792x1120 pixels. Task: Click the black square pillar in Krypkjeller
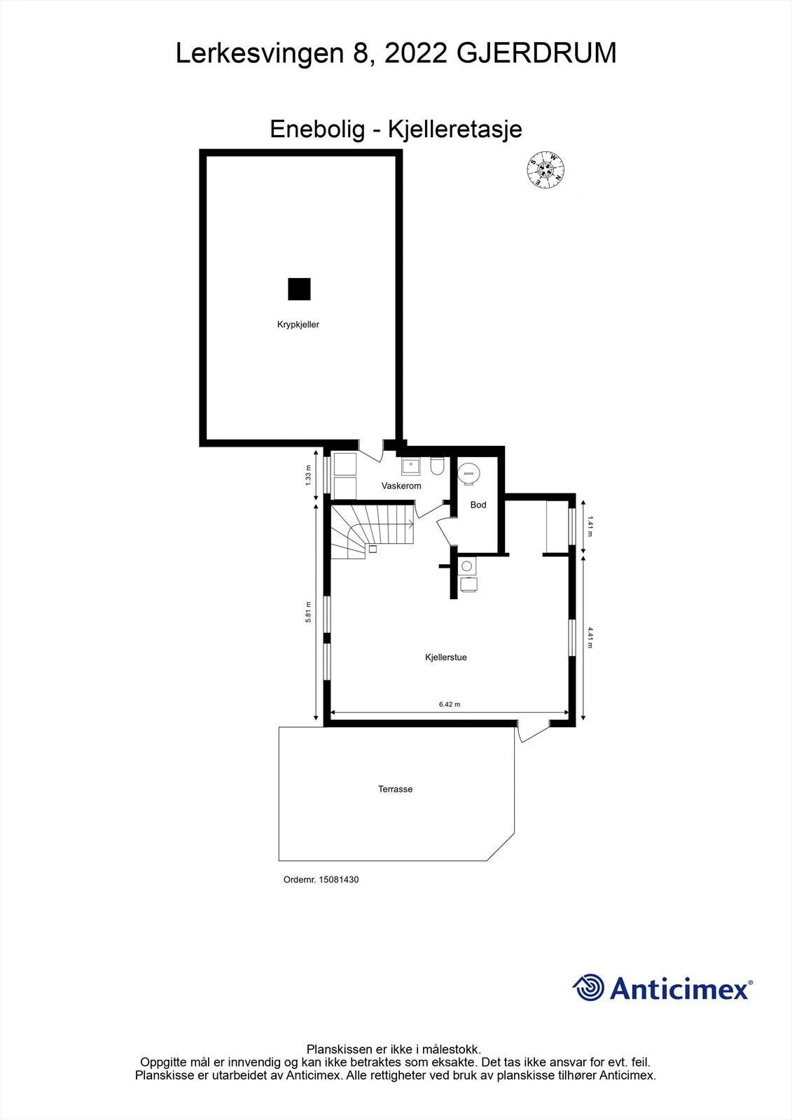click(299, 289)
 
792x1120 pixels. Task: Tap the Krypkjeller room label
click(298, 325)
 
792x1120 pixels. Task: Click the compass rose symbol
click(546, 170)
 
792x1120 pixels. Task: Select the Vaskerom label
click(401, 486)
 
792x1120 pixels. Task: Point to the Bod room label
click(478, 505)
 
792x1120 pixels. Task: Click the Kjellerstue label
click(446, 657)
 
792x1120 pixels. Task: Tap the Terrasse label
click(395, 789)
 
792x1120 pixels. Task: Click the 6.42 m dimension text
click(450, 704)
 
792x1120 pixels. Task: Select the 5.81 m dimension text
click(308, 612)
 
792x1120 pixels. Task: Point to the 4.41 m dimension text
click(590, 638)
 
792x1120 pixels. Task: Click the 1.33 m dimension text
click(308, 475)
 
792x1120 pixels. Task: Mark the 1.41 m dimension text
click(590, 526)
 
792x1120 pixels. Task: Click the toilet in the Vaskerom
click(437, 465)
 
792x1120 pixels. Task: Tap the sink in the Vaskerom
click(411, 466)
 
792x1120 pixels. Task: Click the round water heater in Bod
click(468, 473)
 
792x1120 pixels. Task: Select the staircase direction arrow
click(395, 524)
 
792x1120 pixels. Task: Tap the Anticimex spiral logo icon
click(588, 988)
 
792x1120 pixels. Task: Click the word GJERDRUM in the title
click(536, 53)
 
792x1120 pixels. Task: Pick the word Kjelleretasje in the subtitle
click(455, 129)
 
